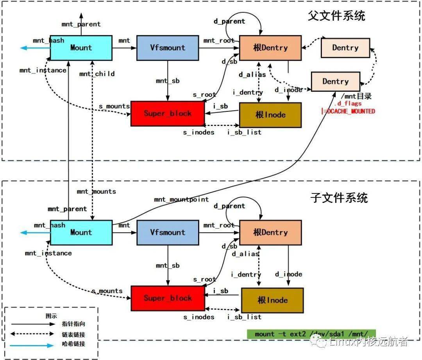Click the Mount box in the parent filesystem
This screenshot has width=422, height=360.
(x=81, y=48)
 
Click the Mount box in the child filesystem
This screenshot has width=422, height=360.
(x=81, y=232)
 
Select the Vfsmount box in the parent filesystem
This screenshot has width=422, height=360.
(x=168, y=48)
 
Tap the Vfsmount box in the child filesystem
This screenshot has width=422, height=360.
(x=168, y=232)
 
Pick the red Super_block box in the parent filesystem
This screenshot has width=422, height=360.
(x=167, y=113)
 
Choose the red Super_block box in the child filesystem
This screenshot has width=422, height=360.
(x=167, y=298)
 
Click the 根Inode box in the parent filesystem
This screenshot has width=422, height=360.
(x=270, y=115)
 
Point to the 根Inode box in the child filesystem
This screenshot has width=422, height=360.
(x=272, y=300)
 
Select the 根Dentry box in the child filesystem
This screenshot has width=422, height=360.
(x=270, y=232)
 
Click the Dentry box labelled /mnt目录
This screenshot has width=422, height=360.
(x=335, y=82)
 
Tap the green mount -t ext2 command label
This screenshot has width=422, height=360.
(x=311, y=334)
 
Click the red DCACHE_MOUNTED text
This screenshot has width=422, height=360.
(x=348, y=111)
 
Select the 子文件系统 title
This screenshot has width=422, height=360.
(x=339, y=197)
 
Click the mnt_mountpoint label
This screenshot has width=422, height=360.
(x=181, y=200)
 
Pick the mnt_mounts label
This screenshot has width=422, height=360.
(x=96, y=191)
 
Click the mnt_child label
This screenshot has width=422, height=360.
(x=97, y=73)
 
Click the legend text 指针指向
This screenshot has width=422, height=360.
(x=73, y=324)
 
